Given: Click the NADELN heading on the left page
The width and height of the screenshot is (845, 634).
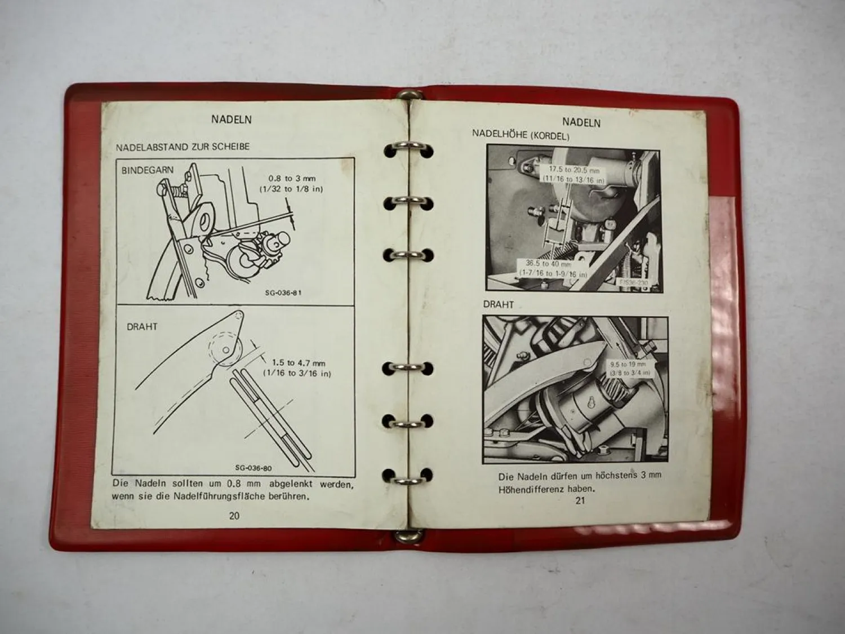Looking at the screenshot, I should point(231,119).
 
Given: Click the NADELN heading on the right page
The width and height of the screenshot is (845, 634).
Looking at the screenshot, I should point(581,123).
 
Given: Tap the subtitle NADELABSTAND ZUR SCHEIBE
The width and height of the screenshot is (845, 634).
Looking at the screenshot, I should point(182,147).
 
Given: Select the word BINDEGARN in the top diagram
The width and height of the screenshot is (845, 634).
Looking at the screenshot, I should point(148,170).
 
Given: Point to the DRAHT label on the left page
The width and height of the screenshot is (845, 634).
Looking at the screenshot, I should point(142,326).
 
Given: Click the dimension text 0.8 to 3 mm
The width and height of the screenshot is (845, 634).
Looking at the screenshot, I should point(292,179).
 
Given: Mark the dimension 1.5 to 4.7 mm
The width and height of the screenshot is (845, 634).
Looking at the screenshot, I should point(299,363).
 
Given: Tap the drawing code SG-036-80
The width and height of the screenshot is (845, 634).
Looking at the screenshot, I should point(253,468).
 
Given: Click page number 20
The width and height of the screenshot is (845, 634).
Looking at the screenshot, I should point(234,516).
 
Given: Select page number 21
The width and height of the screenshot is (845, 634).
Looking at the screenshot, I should point(580,500).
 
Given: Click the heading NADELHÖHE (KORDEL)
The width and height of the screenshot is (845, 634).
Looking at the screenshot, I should point(521,135).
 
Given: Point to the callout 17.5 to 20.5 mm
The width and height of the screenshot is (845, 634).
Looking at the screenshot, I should point(574,169).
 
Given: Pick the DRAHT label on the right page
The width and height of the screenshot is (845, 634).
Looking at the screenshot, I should point(499,304).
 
